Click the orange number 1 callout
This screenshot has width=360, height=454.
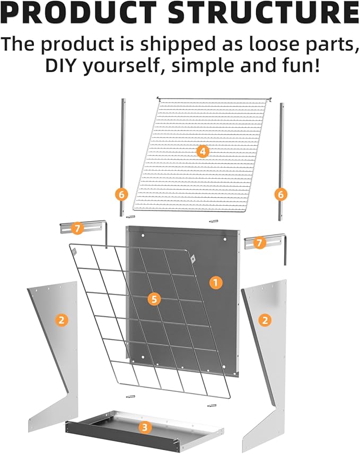tap(216, 282)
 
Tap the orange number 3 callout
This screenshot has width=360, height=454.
tap(145, 427)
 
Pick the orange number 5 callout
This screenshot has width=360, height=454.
tap(154, 299)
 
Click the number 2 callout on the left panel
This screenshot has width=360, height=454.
tap(62, 320)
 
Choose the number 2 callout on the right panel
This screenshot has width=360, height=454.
tap(265, 320)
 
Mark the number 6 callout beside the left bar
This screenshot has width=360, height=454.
tap(121, 194)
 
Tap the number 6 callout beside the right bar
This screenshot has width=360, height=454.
tap(280, 194)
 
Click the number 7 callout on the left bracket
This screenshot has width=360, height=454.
tap(77, 229)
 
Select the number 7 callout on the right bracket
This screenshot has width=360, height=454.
tap(259, 242)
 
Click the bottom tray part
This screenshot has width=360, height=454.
tap(144, 430)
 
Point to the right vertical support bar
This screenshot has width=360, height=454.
tap(282, 162)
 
